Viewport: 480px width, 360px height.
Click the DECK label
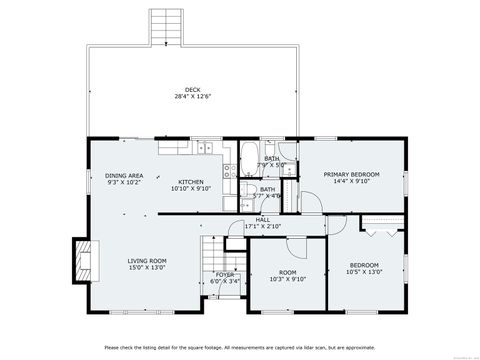[x=191, y=90]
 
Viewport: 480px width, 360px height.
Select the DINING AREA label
[x=124, y=176]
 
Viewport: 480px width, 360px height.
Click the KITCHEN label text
[x=191, y=181]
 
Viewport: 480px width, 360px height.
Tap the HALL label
[x=262, y=220]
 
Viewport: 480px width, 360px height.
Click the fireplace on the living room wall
[x=79, y=258]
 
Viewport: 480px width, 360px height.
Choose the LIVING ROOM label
[x=146, y=261]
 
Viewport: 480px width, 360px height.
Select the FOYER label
[x=225, y=274]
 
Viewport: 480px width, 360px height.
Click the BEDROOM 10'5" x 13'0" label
[x=363, y=265]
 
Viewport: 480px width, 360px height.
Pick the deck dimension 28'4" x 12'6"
[x=191, y=97]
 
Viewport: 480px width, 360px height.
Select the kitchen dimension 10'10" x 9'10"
[x=191, y=188]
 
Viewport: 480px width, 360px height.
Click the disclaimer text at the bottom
[x=239, y=347]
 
